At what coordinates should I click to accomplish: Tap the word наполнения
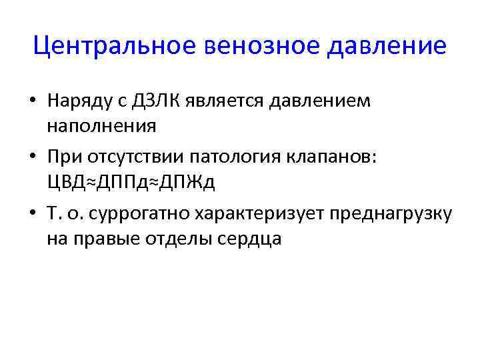92,125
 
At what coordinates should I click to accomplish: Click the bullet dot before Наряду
32,102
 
